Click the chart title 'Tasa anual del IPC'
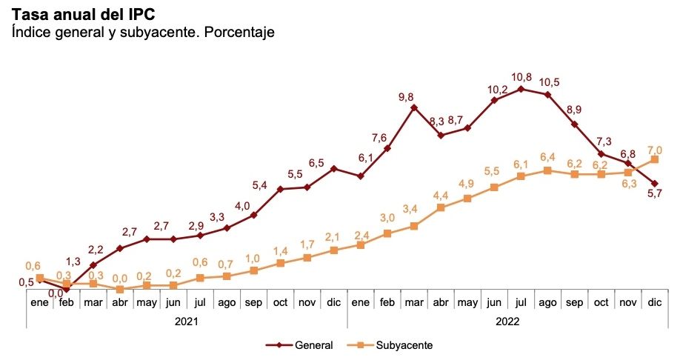tap(83, 15)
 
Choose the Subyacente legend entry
tap(396, 345)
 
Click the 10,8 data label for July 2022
tap(521, 77)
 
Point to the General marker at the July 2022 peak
tap(521, 89)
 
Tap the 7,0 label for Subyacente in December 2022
tap(654, 149)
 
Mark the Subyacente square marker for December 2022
tap(655, 159)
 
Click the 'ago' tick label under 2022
tap(547, 303)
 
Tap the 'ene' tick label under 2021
tap(39, 303)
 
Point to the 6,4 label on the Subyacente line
tap(547, 157)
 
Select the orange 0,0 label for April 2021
tap(120, 278)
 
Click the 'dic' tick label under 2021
tap(333, 303)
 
